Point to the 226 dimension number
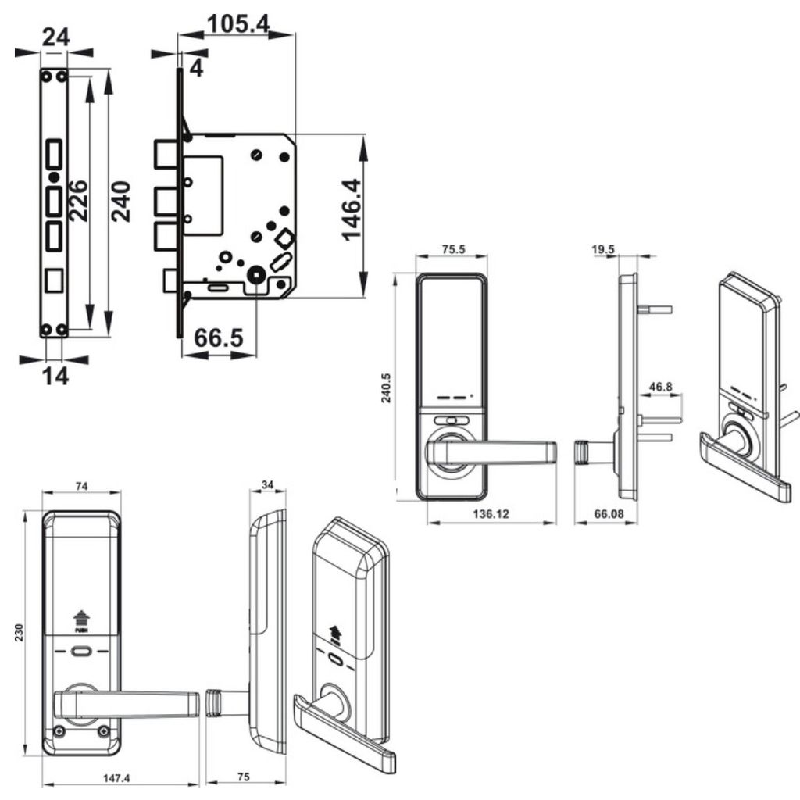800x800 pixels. coord(77,201)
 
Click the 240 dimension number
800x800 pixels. coord(120,202)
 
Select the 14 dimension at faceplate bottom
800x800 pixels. coord(55,376)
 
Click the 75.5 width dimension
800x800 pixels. coord(454,250)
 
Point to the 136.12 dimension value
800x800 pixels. coord(491,514)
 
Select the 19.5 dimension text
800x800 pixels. coord(602,250)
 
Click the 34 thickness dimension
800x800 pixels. coord(267,485)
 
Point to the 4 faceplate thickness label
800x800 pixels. coord(196,68)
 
